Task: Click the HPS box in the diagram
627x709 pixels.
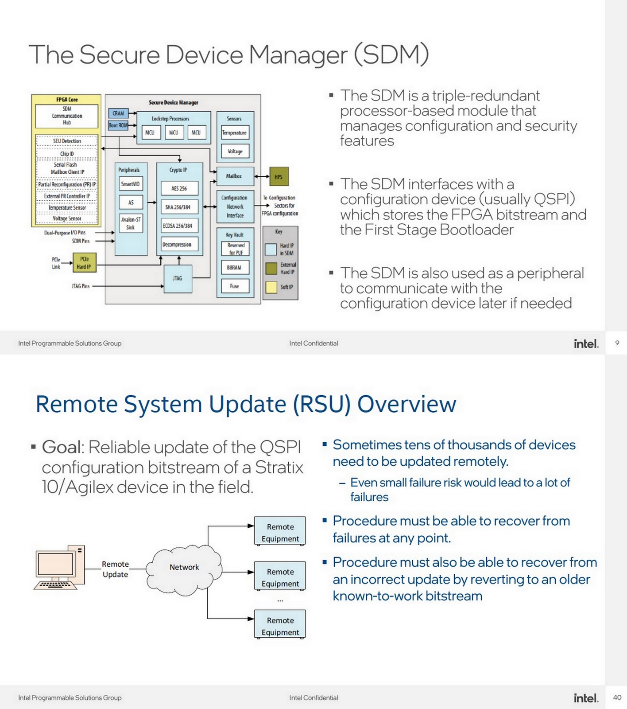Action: coord(279,176)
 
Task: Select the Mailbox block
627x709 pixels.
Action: coord(235,176)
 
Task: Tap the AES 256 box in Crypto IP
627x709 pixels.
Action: coord(179,188)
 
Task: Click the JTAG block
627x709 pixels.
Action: coord(178,278)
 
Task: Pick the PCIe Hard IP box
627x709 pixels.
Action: coord(84,263)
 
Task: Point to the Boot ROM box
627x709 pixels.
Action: coord(118,125)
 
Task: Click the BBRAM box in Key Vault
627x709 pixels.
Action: coord(235,268)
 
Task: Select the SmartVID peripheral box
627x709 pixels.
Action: coord(131,184)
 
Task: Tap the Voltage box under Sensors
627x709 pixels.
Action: coord(235,151)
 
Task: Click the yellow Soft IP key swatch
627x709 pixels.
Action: coord(271,287)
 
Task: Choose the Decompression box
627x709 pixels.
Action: coord(177,245)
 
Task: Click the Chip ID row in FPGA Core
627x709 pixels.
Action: coord(67,153)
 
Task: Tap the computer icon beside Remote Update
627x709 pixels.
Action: coord(59,568)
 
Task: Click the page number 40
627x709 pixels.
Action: coord(617,697)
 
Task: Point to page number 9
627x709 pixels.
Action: coord(617,343)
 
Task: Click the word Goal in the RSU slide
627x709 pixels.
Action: coord(62,447)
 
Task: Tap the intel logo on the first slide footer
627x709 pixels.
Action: coord(585,343)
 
